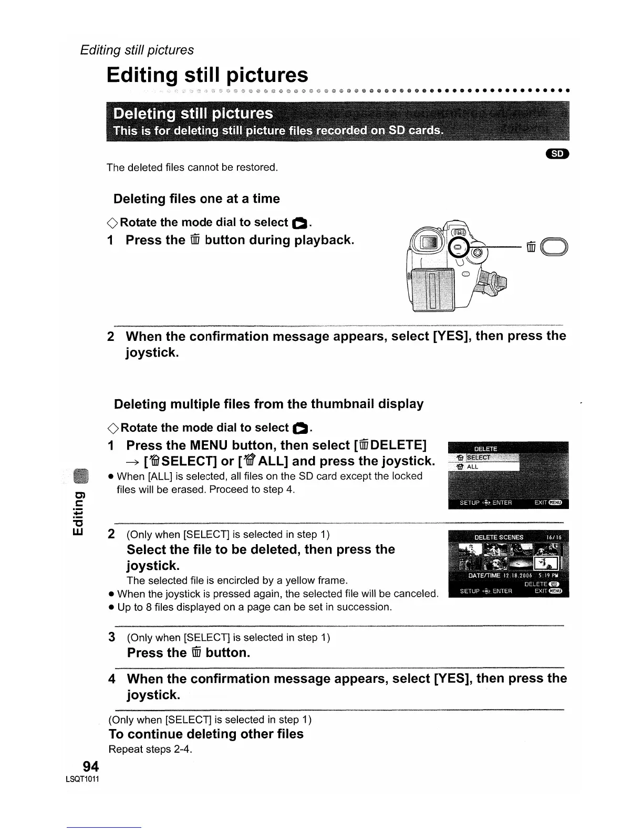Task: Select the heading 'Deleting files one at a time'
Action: tap(196, 199)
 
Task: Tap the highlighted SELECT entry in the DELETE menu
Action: tap(479, 457)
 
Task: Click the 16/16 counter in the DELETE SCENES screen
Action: tap(554, 537)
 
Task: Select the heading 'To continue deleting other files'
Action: tap(206, 734)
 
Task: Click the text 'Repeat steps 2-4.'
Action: tap(150, 749)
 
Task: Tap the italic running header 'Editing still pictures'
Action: tap(137, 50)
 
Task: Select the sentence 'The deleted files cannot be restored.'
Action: tap(192, 168)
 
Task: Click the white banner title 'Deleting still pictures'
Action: tap(193, 113)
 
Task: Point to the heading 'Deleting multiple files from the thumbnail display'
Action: tap(268, 404)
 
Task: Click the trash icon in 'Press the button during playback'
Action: tap(195, 241)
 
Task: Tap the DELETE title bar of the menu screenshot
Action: tap(485, 449)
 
